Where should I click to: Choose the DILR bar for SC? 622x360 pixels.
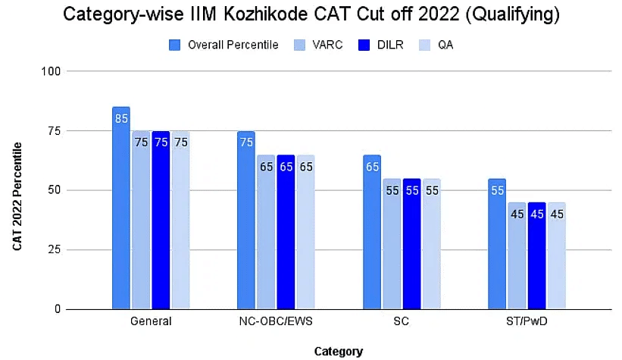411,250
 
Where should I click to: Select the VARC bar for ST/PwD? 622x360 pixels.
517,261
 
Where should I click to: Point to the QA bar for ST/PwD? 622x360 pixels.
556,261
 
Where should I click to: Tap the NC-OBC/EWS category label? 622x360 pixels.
276,321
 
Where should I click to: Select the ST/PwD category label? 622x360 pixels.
527,321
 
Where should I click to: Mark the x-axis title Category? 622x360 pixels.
339,351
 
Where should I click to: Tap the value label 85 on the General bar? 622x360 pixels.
121,118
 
